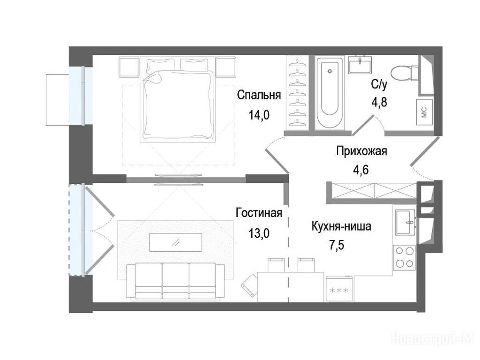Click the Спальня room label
259,95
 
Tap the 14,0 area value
259,115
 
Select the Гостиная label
259,213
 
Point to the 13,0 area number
259,233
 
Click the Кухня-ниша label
341,226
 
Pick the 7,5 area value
337,245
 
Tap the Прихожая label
361,151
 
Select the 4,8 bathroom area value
379,102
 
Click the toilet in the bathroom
404,73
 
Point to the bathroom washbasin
360,65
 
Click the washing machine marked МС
424,112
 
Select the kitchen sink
405,222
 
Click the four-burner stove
405,257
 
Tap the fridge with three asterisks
340,289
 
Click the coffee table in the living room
176,242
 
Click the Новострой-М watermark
433,339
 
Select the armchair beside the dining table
249,285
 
